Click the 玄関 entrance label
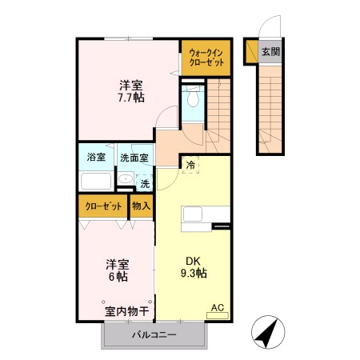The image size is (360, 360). pyautogui.click(x=270, y=52)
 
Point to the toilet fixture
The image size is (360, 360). pyautogui.click(x=192, y=99)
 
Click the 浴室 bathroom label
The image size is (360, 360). pyautogui.click(x=96, y=158)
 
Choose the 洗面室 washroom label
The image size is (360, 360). pyautogui.click(x=134, y=158)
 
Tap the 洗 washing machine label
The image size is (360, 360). pyautogui.click(x=145, y=184)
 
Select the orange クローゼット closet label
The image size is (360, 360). pyautogui.click(x=105, y=206)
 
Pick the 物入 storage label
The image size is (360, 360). pyautogui.click(x=141, y=206)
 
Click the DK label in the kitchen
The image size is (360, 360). pyautogui.click(x=192, y=260)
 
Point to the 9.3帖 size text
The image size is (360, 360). pyautogui.click(x=192, y=274)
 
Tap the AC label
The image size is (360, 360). pyautogui.click(x=217, y=306)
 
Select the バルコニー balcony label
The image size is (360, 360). pyautogui.click(x=154, y=335)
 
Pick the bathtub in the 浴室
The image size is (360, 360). pyautogui.click(x=97, y=179)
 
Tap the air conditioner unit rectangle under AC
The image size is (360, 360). pyautogui.click(x=217, y=316)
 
